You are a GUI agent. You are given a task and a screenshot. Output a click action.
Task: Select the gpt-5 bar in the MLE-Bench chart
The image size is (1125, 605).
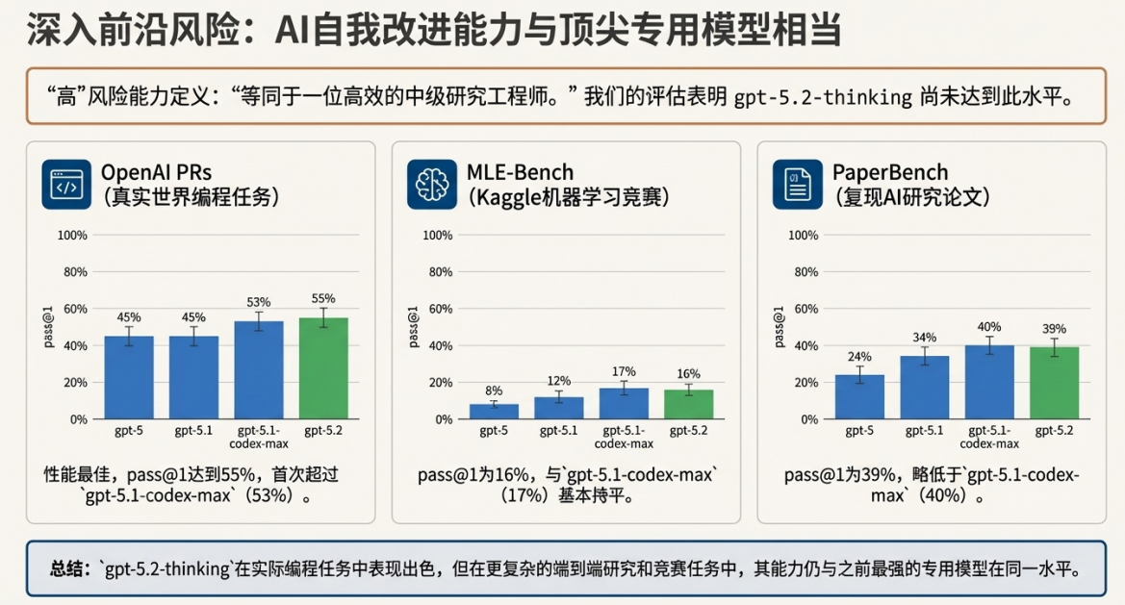click(494, 412)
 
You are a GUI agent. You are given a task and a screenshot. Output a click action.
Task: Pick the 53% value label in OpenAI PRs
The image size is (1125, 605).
click(259, 302)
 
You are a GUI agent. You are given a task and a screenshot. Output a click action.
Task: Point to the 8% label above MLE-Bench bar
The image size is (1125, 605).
click(494, 391)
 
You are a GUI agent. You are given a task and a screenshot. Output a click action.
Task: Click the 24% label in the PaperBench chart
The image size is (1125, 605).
click(859, 356)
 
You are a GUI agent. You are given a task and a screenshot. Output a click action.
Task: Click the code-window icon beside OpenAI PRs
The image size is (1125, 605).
click(65, 185)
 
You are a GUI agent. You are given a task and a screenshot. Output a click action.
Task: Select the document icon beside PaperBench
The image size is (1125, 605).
click(798, 185)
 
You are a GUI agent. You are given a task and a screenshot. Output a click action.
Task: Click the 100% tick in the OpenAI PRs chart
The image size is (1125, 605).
click(73, 236)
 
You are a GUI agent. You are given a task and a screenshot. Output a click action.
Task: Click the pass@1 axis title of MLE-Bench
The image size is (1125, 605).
click(413, 327)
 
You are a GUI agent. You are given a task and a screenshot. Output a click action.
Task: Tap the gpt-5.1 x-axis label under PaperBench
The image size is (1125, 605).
click(924, 431)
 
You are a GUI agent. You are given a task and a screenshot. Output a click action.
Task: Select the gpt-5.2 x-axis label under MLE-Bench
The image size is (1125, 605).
click(689, 431)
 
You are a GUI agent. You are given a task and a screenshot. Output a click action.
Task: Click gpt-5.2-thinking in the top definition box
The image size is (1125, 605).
click(823, 96)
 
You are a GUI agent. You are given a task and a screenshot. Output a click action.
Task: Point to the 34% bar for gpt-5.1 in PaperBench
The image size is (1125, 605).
click(924, 388)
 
